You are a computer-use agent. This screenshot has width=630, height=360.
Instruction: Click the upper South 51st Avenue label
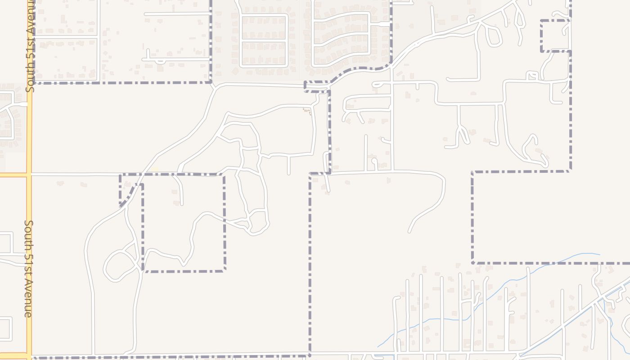(x=30, y=45)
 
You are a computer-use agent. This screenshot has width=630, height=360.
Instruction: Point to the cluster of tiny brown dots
(x=307, y=111)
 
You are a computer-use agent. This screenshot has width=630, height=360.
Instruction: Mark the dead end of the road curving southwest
(x=409, y=232)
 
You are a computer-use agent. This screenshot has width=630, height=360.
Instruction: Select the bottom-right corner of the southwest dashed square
(x=224, y=270)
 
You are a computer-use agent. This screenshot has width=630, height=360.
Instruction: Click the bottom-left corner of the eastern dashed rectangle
(x=472, y=262)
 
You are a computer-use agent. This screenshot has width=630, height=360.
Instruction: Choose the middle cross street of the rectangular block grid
(x=264, y=41)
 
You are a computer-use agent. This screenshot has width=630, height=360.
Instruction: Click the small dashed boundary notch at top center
(x=317, y=87)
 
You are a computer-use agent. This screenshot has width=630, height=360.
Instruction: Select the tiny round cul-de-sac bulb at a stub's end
(x=374, y=160)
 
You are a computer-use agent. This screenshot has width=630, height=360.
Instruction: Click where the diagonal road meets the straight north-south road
(x=392, y=67)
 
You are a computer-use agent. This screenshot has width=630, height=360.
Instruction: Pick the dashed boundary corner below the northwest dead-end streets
(x=211, y=82)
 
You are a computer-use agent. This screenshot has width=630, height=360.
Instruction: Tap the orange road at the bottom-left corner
(x=13, y=355)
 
